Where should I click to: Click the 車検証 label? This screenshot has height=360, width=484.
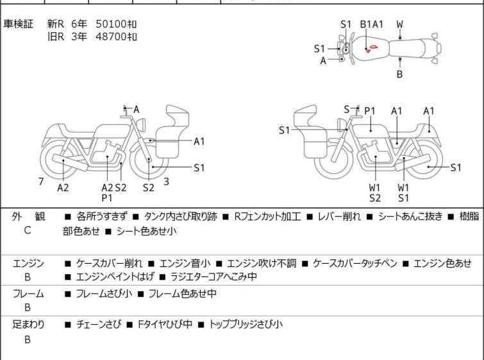[18, 24]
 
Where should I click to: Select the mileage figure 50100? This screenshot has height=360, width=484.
[112, 24]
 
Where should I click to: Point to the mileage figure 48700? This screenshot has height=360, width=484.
[112, 37]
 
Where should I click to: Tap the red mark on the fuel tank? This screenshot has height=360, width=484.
[372, 48]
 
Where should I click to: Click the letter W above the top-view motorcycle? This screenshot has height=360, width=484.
[400, 24]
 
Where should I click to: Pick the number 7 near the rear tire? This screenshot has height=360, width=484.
[41, 182]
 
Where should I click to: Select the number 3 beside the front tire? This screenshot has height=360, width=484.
[167, 182]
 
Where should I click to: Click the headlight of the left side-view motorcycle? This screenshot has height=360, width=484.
[142, 125]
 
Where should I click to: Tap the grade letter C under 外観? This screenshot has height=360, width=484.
[27, 230]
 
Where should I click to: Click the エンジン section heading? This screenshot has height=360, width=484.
[28, 263]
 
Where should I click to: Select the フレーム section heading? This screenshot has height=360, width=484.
[28, 293]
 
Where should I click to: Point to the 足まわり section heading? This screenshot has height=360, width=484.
[28, 324]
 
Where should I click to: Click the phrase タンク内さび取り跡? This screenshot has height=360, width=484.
[181, 216]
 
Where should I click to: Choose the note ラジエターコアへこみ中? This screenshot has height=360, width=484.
[213, 277]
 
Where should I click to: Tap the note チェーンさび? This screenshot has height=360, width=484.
[99, 324]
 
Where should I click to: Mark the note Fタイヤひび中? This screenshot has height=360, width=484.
[165, 324]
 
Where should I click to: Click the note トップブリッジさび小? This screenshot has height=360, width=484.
[246, 324]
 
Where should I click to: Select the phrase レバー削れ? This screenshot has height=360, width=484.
[339, 216]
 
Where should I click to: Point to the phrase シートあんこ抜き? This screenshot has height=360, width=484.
[410, 216]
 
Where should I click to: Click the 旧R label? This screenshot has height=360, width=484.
[56, 37]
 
